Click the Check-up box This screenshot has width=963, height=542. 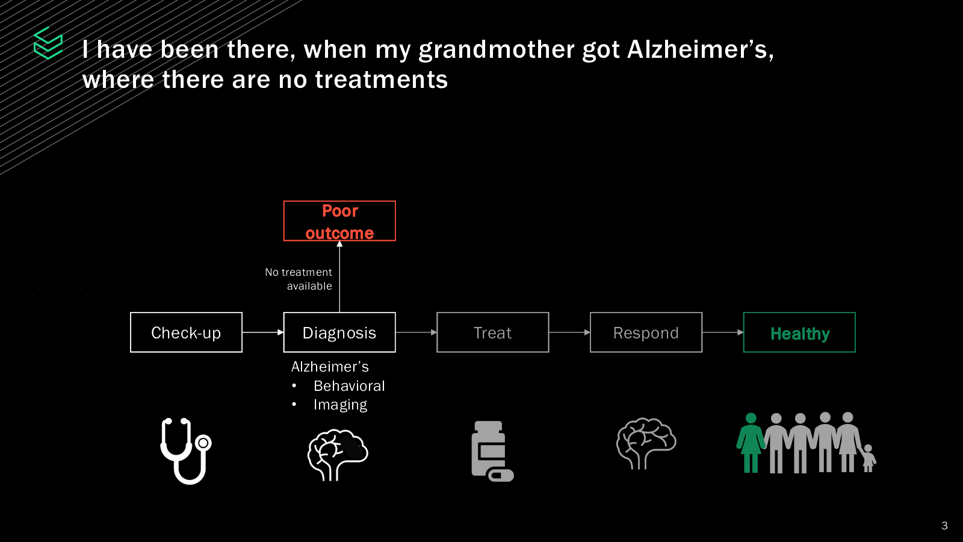point(186,332)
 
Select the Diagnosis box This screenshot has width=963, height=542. point(339,332)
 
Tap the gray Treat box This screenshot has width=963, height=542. point(492,332)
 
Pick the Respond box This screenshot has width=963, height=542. point(646,332)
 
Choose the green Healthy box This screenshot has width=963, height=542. point(799,332)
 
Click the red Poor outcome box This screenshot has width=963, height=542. point(339,221)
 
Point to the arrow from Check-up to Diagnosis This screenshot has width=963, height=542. point(262,332)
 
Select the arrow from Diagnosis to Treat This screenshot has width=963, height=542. point(416,332)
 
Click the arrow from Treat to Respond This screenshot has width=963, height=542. point(569,332)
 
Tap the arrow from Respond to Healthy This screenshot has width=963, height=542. point(722,332)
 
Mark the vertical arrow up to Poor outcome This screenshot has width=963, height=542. point(339,277)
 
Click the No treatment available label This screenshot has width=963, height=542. point(299,279)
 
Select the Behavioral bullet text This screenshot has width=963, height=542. point(349,386)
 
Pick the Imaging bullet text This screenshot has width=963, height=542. point(340,405)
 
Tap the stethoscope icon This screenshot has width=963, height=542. point(186,450)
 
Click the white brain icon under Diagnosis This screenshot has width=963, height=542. point(338,454)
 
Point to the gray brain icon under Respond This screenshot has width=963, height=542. point(646,443)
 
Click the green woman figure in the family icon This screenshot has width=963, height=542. point(751,443)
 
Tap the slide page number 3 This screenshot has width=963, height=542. point(944,526)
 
